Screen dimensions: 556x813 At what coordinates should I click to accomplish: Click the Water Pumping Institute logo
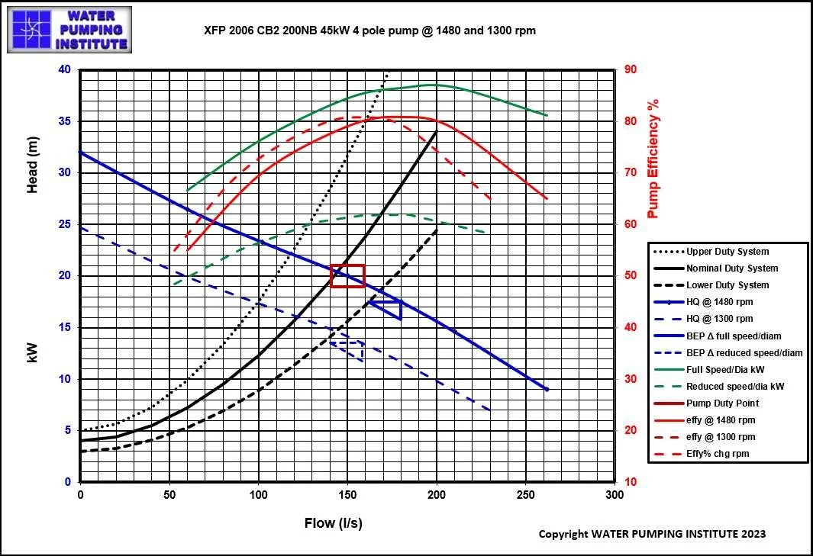[69, 30]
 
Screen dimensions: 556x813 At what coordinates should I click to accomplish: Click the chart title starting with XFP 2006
[369, 31]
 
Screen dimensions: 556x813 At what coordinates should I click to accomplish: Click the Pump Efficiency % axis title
[653, 158]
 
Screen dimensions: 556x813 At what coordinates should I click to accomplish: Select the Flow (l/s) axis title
[333, 522]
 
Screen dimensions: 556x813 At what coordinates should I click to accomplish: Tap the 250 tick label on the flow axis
[525, 495]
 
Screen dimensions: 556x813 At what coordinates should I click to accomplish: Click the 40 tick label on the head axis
[64, 69]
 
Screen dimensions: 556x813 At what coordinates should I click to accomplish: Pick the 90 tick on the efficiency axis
[631, 69]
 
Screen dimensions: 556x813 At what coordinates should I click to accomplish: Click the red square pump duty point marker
[347, 275]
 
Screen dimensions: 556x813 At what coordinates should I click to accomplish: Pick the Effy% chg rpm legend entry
[718, 454]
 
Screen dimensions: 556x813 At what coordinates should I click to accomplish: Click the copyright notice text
[652, 534]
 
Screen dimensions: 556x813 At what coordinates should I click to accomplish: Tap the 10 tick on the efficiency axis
[631, 482]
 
